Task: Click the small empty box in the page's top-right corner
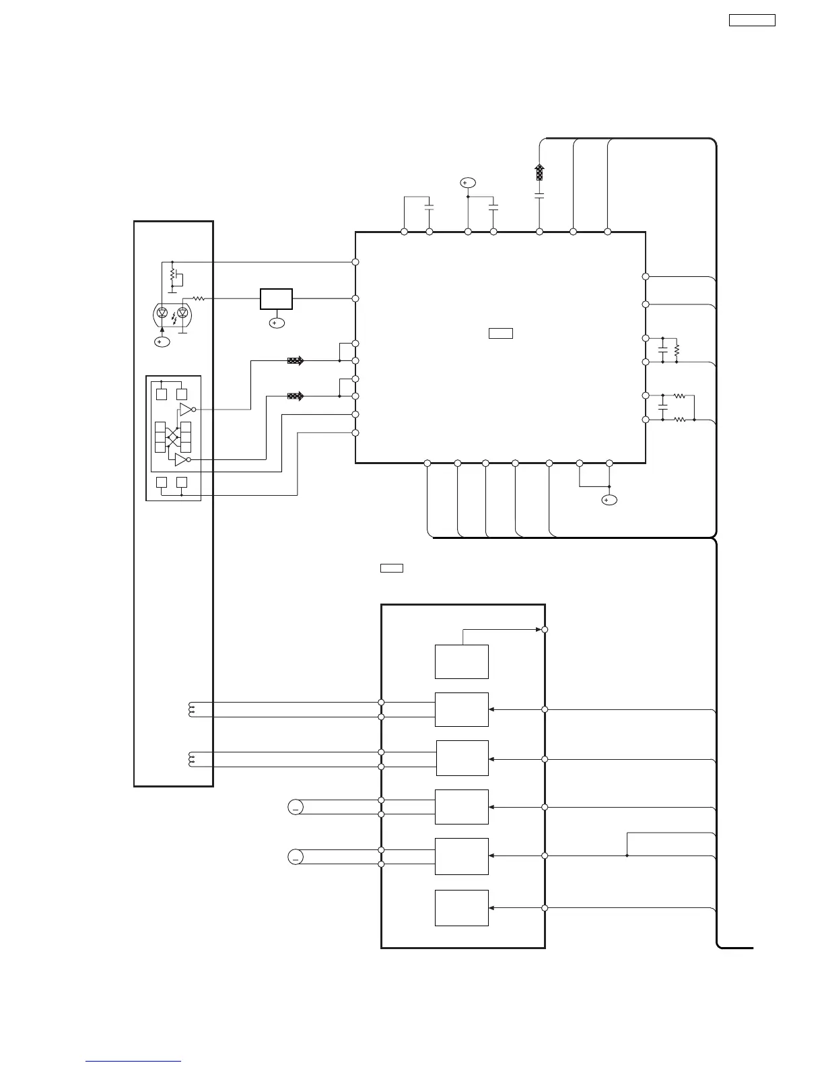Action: tap(752, 20)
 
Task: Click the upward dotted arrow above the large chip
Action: tap(539, 172)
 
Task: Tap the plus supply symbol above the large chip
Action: tap(467, 183)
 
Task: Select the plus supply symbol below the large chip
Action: tap(609, 500)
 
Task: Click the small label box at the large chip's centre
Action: tap(501, 333)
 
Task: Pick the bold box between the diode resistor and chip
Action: tap(276, 298)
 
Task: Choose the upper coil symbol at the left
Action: tap(191, 709)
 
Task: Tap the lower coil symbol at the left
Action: tap(191, 759)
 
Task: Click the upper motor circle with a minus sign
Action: tap(296, 807)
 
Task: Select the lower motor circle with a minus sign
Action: tap(296, 857)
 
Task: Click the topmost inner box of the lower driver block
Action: tap(461, 661)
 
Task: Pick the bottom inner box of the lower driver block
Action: tap(461, 907)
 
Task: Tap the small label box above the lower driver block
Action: tap(392, 568)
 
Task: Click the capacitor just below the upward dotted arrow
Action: tap(539, 196)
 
